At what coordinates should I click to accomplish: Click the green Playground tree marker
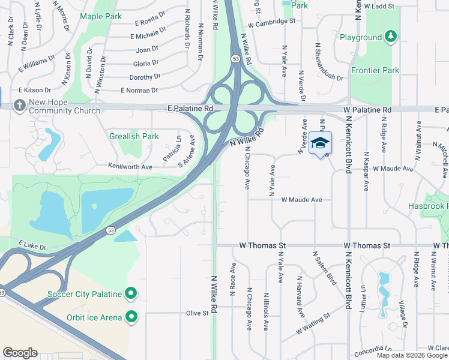tap(391, 37)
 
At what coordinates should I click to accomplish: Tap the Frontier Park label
tap(375, 70)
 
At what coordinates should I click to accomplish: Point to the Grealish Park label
tap(134, 136)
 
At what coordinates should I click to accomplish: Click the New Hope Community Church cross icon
tap(19, 106)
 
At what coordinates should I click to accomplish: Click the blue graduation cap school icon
tap(321, 143)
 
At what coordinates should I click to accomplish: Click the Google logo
tap(20, 353)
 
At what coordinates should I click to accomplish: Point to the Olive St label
tap(196, 313)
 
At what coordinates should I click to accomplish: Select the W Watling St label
tap(313, 325)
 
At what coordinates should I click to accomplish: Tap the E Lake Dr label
tap(32, 245)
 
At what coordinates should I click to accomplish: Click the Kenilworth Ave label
tap(130, 166)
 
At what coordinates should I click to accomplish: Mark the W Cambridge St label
tap(271, 21)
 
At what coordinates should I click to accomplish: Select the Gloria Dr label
tap(146, 63)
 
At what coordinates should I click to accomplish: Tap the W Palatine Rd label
tap(367, 110)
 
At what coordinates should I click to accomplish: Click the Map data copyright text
tap(412, 355)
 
